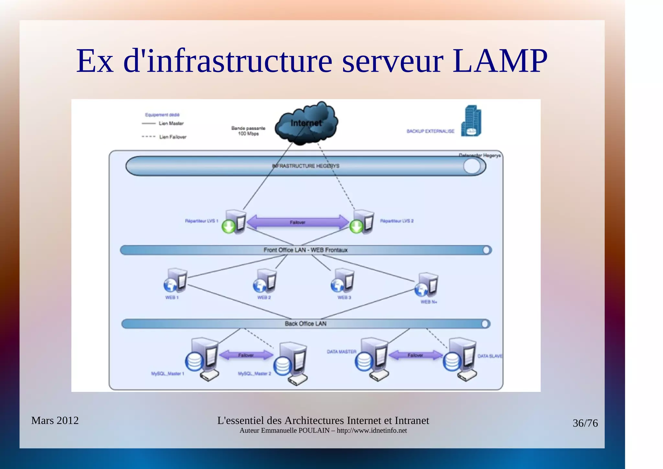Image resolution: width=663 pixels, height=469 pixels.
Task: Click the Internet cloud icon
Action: pos(306,123)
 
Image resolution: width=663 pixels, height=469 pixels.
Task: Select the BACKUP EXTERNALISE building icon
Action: pos(471,121)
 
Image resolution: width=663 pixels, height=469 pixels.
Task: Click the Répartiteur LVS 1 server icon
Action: pos(235,222)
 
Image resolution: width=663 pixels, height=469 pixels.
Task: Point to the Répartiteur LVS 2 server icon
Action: pos(363,222)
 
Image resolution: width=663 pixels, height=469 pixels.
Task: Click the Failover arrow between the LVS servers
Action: pos(298,222)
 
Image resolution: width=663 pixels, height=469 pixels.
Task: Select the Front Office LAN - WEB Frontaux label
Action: pos(305,250)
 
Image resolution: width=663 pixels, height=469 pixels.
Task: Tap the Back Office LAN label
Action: pos(305,323)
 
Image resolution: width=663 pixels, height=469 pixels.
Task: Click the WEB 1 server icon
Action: pos(176,280)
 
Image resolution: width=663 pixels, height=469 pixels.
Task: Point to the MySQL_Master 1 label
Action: pos(167,374)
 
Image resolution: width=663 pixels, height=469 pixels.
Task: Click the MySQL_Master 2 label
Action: pos(254,374)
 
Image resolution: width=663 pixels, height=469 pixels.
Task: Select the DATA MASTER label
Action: pos(341,352)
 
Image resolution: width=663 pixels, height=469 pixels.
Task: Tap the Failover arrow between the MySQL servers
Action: pos(246,355)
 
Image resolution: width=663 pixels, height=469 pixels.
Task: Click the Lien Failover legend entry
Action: pos(173,137)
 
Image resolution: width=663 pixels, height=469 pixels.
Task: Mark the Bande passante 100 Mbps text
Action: pos(248,131)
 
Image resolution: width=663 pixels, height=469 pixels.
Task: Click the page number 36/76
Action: pos(585,423)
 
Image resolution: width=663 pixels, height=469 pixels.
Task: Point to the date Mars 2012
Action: pos(55,420)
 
